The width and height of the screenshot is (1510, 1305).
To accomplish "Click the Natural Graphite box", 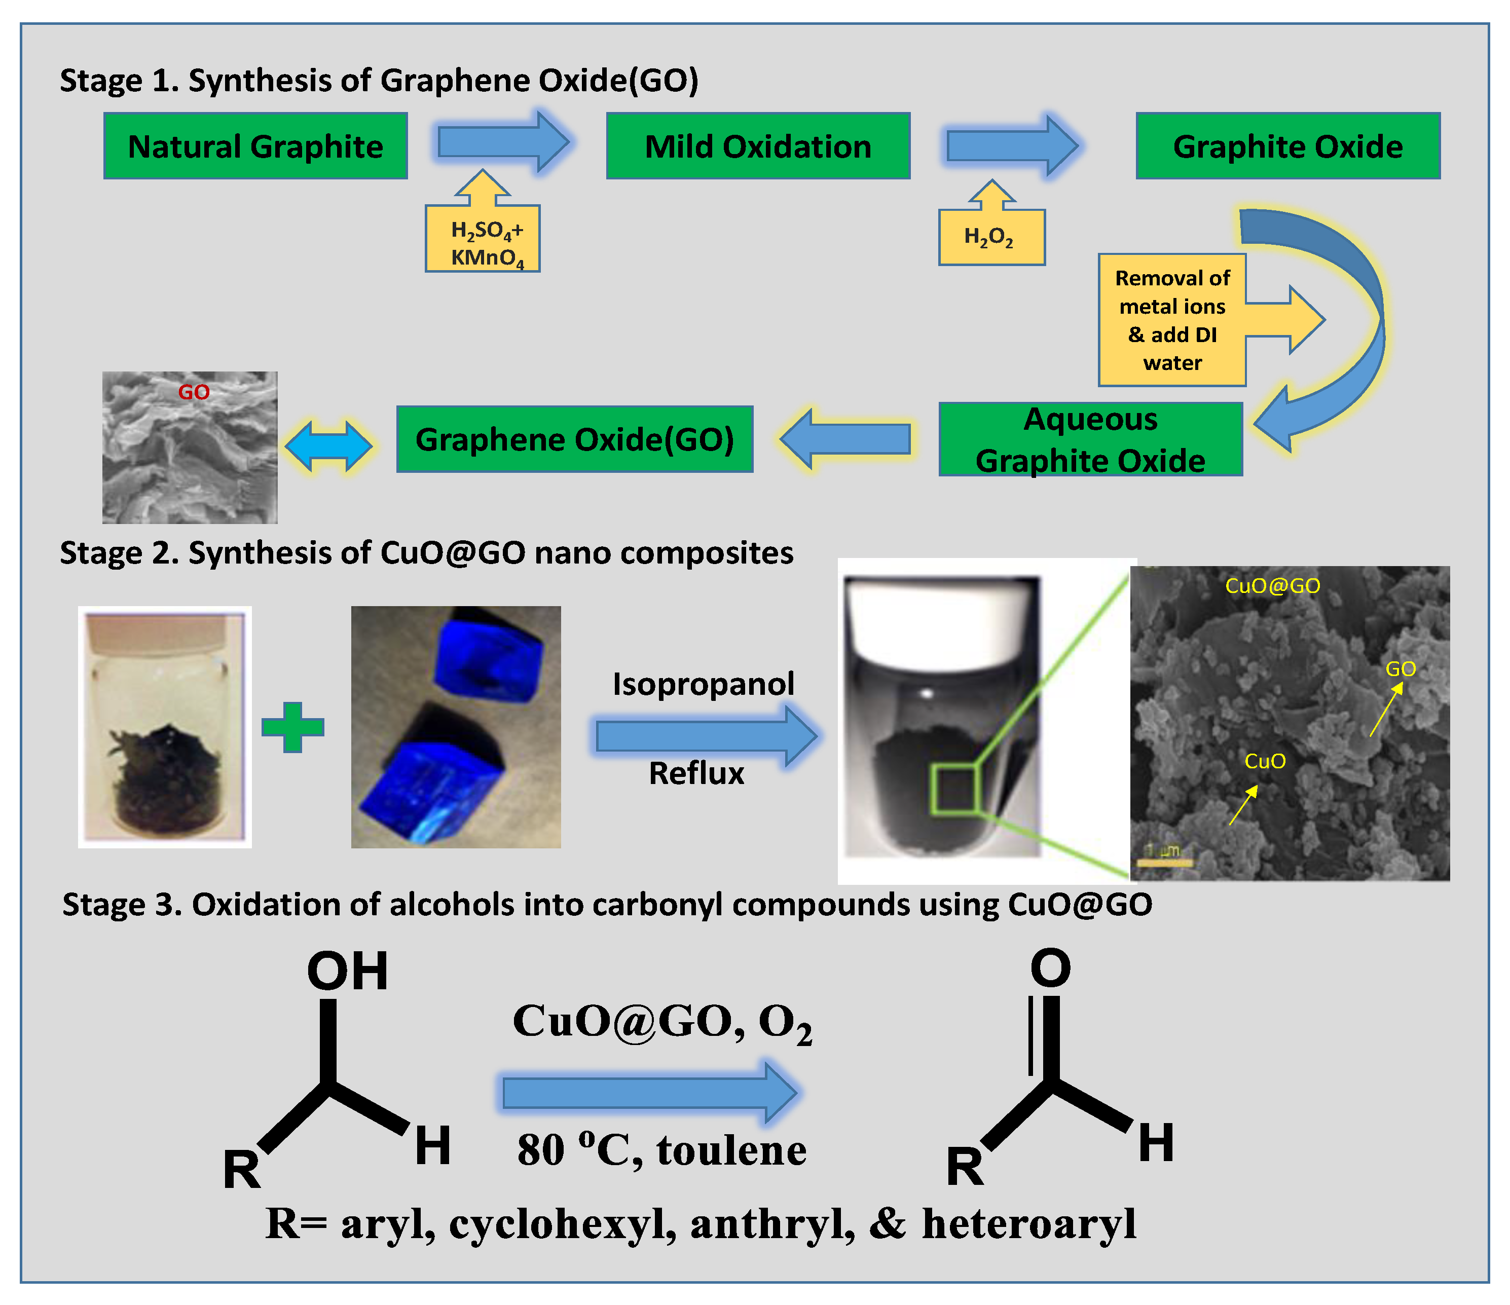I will pos(255,146).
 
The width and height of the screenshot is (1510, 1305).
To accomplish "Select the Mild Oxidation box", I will pos(758,146).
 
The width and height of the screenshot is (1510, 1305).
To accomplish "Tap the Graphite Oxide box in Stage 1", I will pos(1287,146).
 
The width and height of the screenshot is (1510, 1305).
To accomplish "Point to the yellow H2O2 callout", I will pos(991,237).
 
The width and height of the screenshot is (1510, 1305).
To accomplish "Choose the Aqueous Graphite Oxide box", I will pos(1090,439).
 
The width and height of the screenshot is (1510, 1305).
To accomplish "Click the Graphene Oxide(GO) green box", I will pos(574,439).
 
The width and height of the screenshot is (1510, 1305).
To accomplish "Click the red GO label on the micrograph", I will pos(194,393).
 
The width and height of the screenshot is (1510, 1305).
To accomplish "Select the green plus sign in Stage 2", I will pos(292,727).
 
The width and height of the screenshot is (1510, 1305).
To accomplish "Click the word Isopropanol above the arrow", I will pos(703,684).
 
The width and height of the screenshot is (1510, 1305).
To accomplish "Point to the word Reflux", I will pos(696,773).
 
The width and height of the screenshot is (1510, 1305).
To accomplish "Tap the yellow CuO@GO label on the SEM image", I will pos(1272,586).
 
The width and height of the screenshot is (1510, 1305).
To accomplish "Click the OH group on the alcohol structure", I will pos(348,972).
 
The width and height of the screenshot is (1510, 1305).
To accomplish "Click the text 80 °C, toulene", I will pos(661,1150).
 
